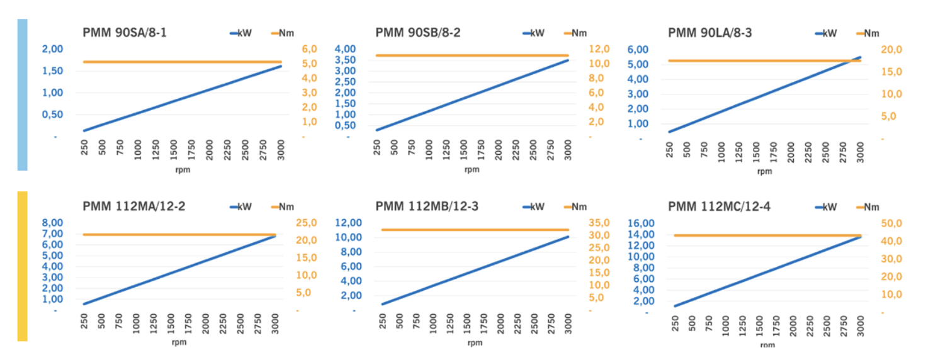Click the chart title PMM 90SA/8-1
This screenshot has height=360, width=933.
125,33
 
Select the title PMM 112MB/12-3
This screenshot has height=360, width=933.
427,206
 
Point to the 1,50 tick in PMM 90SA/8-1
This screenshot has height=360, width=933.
53,71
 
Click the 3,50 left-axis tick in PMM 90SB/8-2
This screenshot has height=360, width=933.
344,60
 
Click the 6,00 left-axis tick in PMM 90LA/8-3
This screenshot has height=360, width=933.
638,49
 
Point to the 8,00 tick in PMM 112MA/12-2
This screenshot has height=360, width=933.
53,223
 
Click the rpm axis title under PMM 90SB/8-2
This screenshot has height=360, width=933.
472,169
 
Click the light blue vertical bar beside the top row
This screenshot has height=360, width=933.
22,94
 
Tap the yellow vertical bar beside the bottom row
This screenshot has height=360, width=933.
22,266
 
